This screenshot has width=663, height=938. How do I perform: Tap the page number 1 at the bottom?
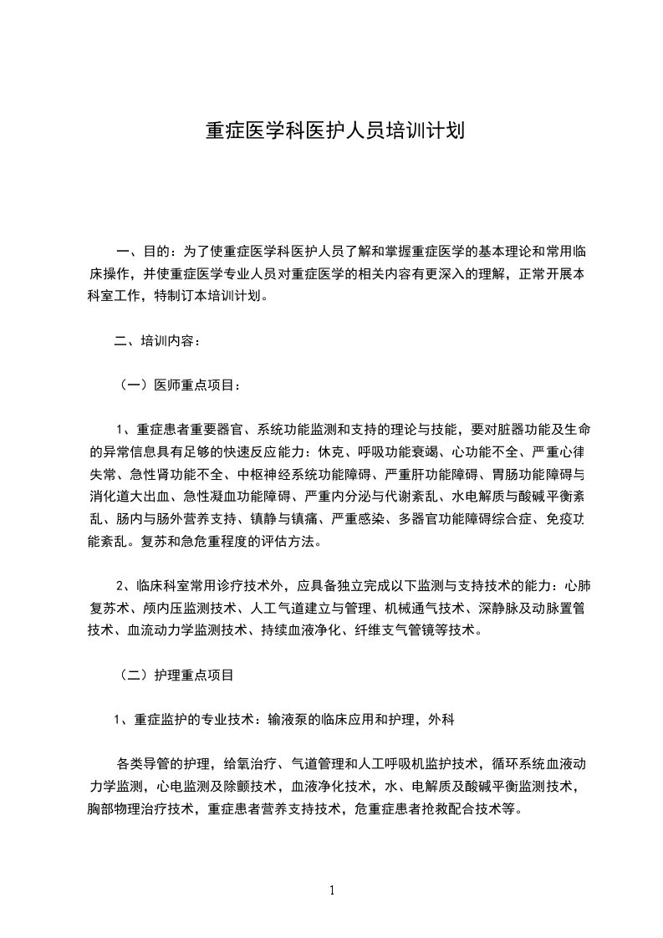pyautogui.click(x=332, y=890)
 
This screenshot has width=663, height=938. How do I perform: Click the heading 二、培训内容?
pyautogui.click(x=156, y=341)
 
